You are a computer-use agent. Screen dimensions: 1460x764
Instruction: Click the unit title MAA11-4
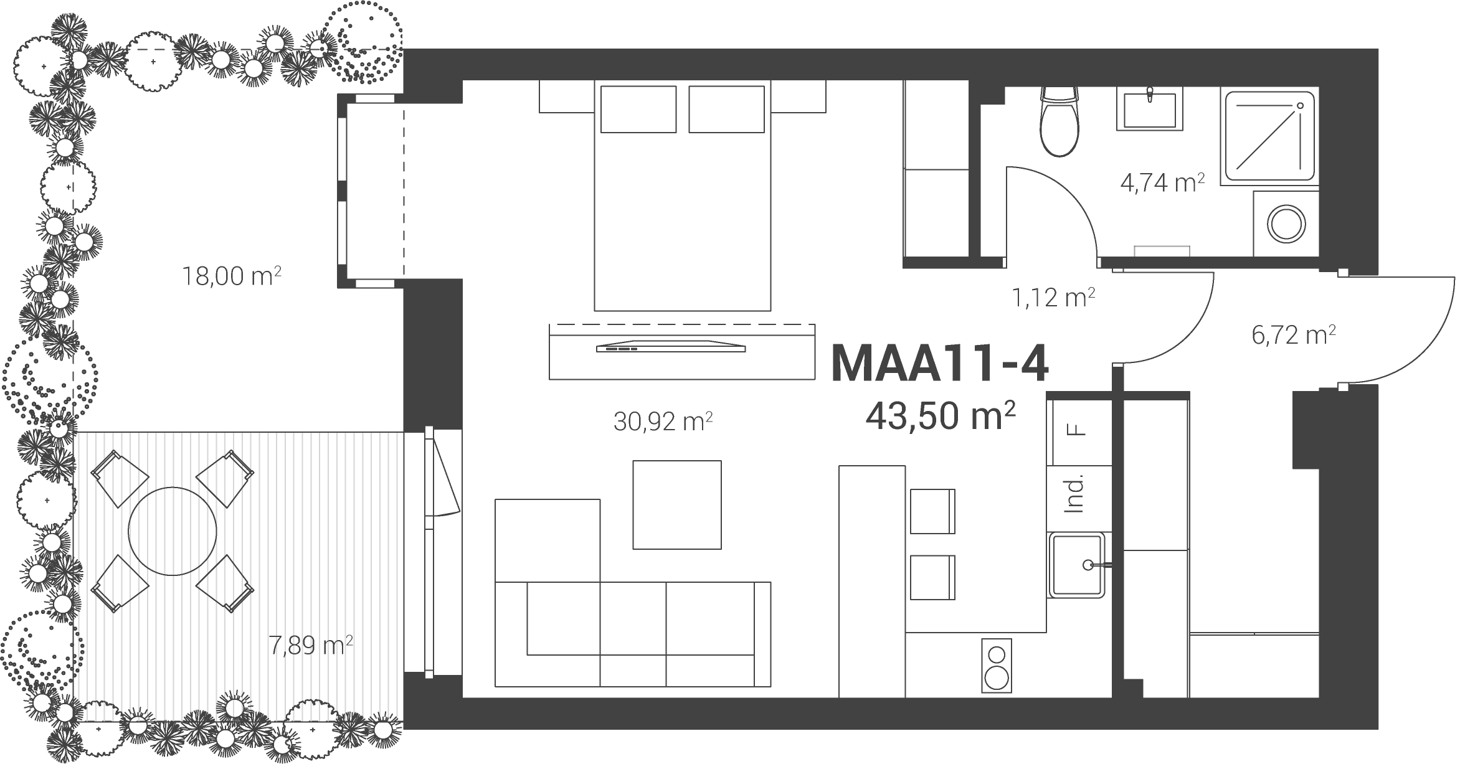[940, 364]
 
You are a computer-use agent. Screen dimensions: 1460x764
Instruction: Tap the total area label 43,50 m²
[941, 415]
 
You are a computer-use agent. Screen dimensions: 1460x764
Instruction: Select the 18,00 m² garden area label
[231, 276]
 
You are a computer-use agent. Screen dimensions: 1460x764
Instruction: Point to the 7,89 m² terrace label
[310, 645]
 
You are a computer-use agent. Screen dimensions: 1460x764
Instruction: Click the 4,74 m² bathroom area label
[1162, 184]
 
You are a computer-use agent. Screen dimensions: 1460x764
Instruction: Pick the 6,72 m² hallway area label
[1294, 335]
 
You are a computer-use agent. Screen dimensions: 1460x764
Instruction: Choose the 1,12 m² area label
[1053, 298]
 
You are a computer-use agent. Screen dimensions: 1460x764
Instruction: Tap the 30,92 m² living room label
[663, 422]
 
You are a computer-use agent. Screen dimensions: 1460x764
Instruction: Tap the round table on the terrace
[173, 531]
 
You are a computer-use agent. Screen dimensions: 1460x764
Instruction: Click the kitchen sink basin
[1079, 565]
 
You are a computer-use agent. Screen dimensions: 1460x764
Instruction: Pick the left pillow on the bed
[638, 109]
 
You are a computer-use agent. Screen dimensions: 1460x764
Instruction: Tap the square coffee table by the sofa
[677, 505]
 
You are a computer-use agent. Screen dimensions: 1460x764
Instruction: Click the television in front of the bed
[671, 347]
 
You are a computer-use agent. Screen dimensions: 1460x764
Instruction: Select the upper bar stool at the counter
[932, 511]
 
